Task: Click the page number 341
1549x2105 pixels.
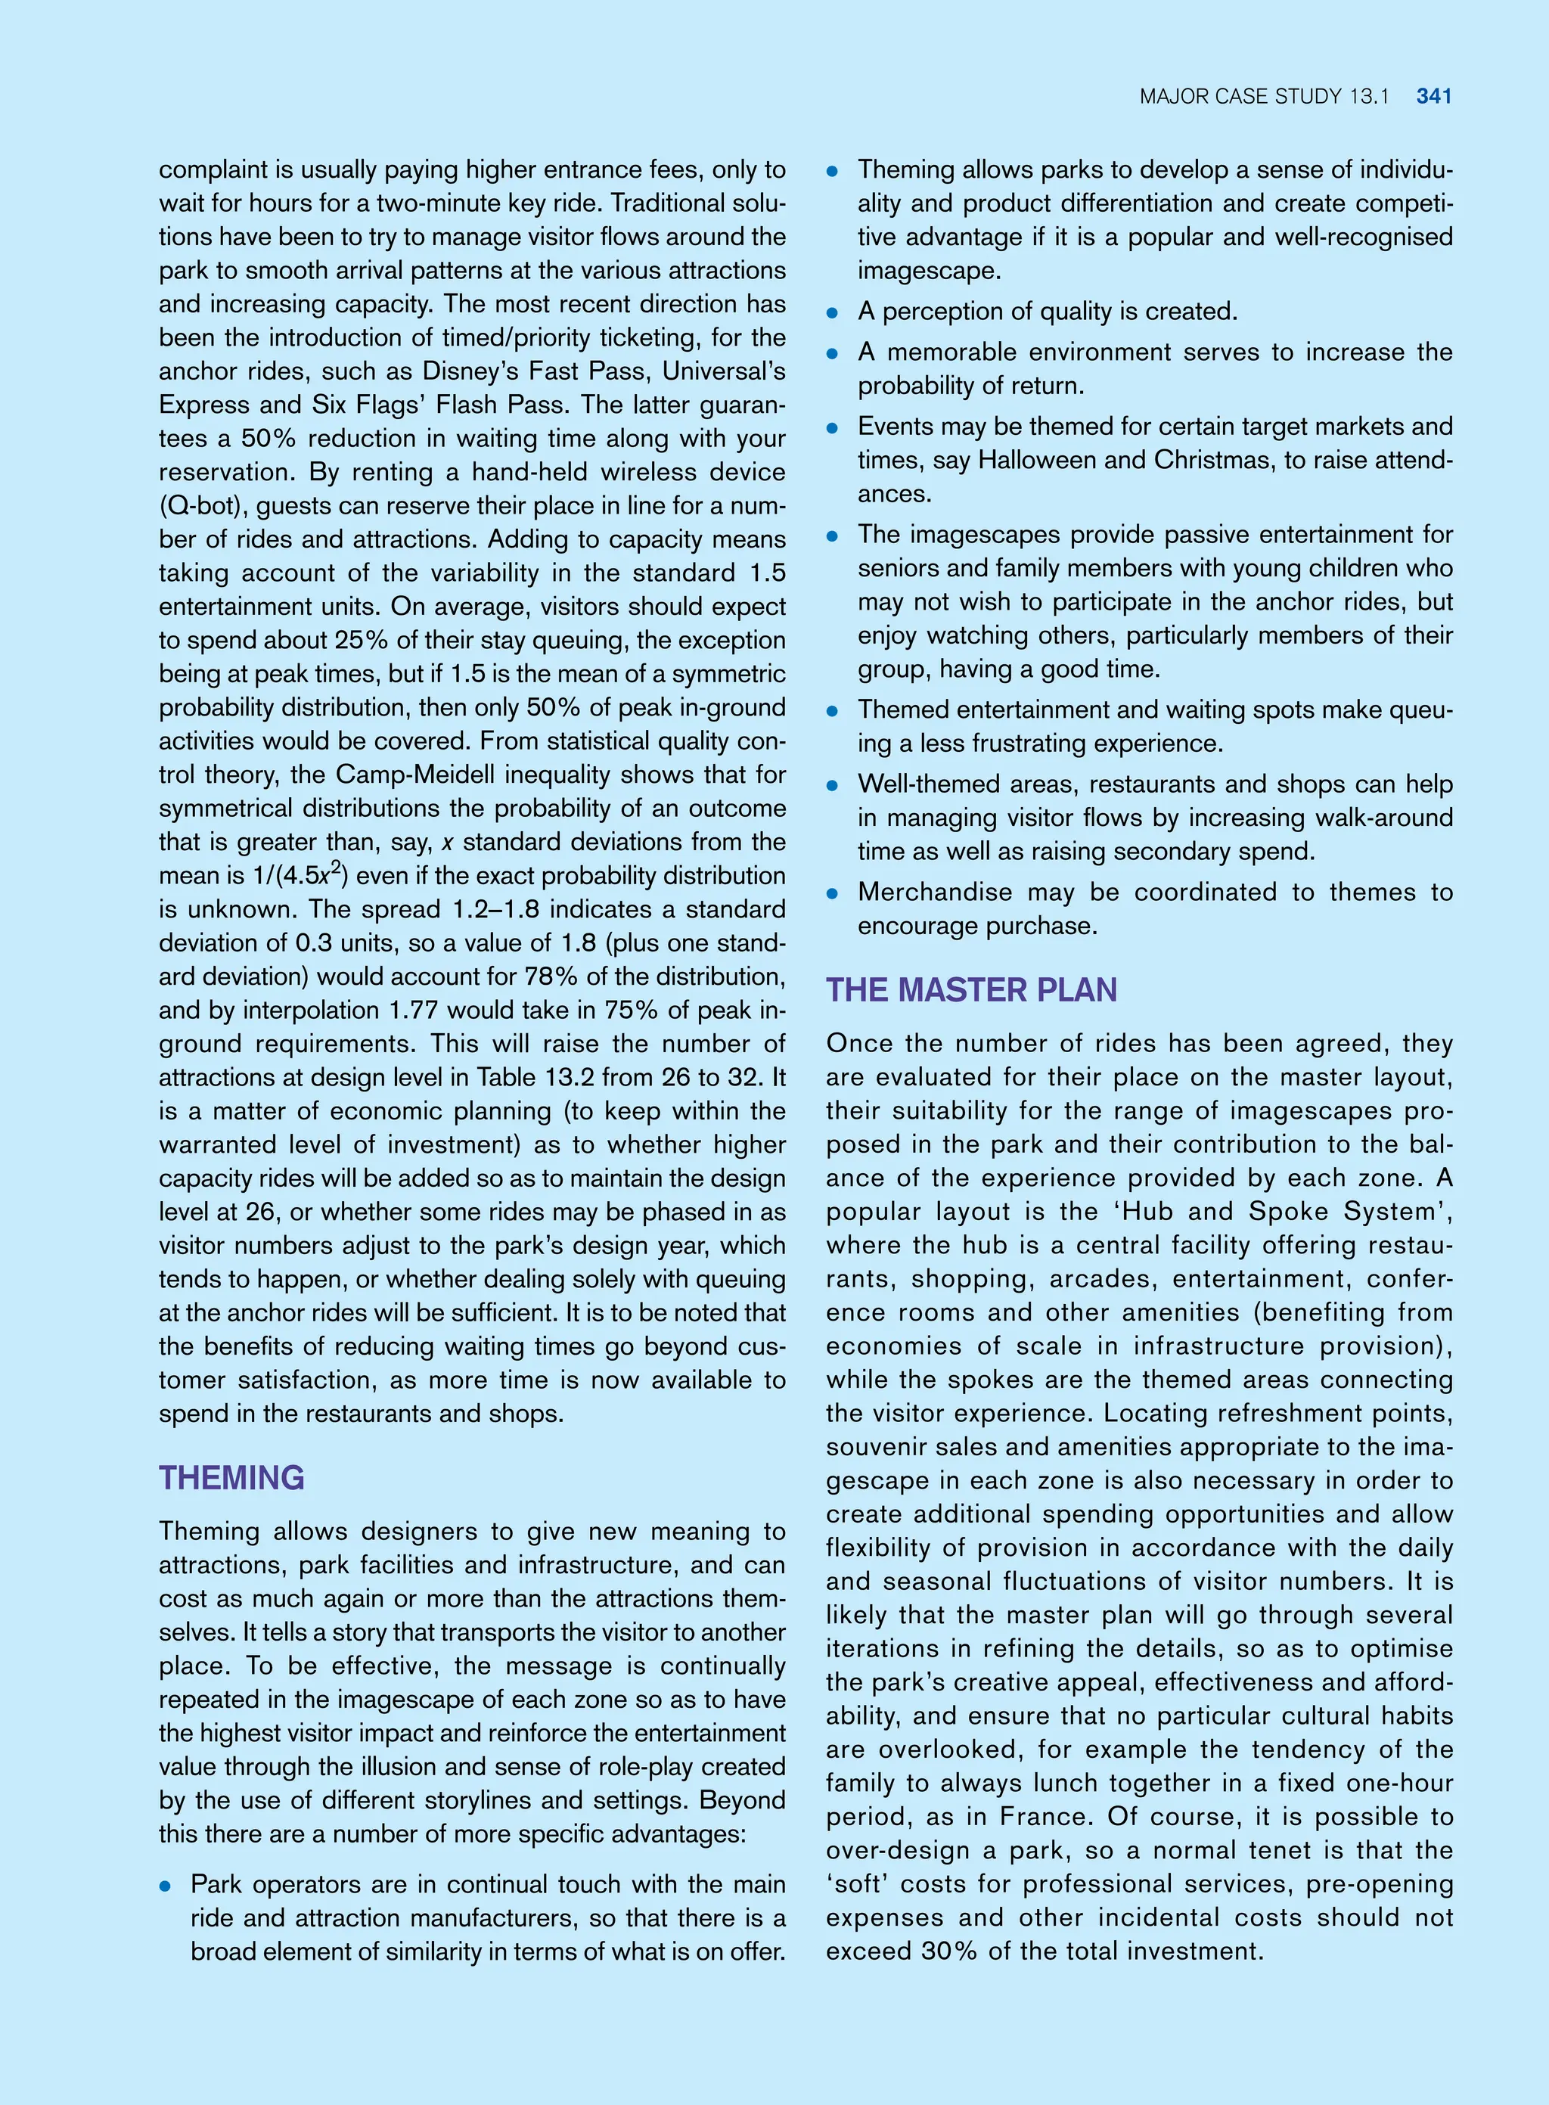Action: tap(1434, 95)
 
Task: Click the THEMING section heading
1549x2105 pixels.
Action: tap(231, 1478)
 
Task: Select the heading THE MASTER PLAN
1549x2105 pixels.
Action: tap(971, 990)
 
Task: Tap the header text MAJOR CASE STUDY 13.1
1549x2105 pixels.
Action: tap(1263, 95)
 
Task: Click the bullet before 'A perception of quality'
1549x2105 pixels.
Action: tap(832, 313)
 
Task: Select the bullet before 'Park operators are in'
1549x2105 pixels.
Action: tap(165, 1886)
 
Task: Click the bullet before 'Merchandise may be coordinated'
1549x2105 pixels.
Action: tap(832, 893)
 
